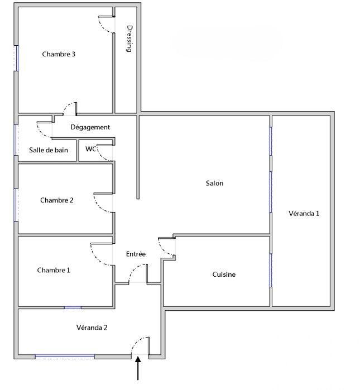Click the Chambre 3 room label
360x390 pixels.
(59, 54)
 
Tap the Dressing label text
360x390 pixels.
(129, 38)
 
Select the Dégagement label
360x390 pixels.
(90, 127)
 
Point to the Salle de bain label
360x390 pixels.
(49, 150)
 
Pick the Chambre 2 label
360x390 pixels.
(57, 200)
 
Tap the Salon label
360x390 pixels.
(214, 183)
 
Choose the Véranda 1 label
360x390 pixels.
(304, 213)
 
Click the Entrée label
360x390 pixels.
(136, 254)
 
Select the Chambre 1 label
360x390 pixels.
(54, 270)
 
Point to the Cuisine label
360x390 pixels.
(224, 274)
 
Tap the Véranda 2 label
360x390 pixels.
(92, 327)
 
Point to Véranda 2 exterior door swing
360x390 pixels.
(139, 345)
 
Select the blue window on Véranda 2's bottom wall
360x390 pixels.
(64, 355)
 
